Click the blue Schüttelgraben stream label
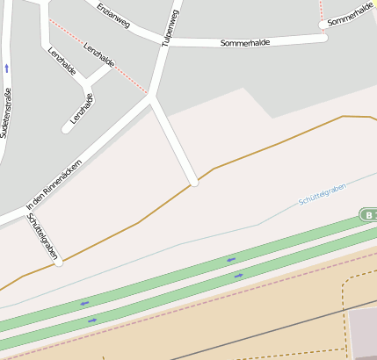click(322, 194)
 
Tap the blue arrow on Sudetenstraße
click(7, 68)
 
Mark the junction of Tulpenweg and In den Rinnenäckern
click(152, 100)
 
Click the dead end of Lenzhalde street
click(66, 130)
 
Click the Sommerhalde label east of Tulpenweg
click(245, 42)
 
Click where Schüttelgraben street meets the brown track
click(59, 261)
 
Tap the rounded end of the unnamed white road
click(194, 184)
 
